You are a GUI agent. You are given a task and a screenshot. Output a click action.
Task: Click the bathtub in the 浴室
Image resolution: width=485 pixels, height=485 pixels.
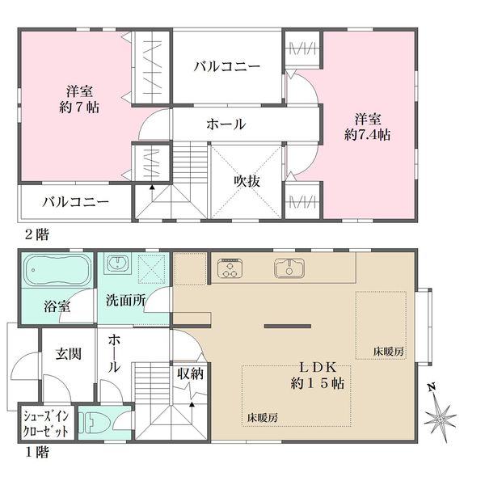click(x=58, y=270)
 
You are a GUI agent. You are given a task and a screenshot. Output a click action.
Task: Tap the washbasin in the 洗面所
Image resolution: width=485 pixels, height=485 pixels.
click(x=117, y=264)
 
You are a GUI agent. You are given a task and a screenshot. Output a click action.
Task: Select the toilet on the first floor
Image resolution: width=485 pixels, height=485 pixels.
click(x=94, y=423)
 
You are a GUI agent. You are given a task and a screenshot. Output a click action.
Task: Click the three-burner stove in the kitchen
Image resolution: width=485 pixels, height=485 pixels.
click(x=230, y=268)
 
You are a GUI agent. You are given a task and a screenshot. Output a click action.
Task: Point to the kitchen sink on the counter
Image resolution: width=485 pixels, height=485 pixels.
click(x=289, y=268)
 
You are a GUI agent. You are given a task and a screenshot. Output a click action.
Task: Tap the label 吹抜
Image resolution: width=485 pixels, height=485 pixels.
click(x=247, y=182)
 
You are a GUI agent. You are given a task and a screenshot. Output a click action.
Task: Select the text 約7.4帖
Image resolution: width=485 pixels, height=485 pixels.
click(x=368, y=135)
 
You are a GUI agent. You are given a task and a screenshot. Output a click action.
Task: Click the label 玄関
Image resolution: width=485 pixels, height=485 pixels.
click(x=69, y=354)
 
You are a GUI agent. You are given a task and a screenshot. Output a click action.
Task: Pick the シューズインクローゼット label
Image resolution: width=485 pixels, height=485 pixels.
click(x=46, y=424)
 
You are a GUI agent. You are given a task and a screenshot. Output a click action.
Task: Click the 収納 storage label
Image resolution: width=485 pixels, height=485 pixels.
click(x=190, y=373)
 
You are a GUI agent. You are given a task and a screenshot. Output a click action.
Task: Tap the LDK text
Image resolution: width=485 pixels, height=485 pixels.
click(x=318, y=368)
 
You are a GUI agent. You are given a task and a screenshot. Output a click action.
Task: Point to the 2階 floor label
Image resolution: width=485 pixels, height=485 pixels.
click(x=37, y=234)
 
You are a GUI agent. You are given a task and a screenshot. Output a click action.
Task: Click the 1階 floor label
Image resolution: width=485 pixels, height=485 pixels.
click(x=37, y=453)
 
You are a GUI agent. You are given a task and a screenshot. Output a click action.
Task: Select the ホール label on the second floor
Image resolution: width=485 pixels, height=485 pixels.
click(x=226, y=124)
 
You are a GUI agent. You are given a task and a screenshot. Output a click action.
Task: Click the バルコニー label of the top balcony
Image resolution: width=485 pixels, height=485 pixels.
click(x=227, y=66)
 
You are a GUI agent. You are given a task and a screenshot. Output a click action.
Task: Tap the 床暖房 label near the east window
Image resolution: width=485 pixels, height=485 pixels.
click(x=389, y=352)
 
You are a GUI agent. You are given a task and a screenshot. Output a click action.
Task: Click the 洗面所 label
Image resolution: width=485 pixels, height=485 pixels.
click(x=125, y=299)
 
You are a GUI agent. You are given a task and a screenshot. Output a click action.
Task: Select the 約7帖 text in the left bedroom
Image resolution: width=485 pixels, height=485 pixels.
click(x=79, y=107)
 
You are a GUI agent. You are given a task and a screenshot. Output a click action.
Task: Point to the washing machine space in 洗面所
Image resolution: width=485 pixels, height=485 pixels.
click(x=150, y=269)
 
